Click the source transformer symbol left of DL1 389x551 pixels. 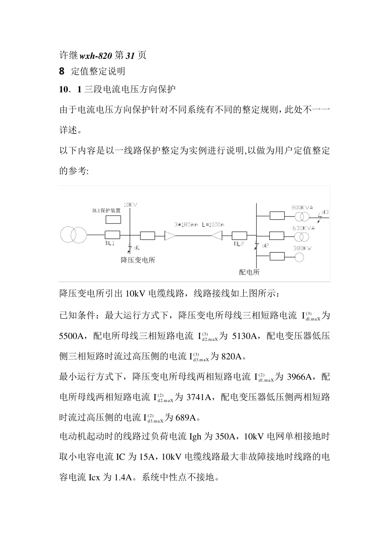click(73, 235)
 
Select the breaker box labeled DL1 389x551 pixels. click(112, 235)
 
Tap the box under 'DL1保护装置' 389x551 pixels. click(113, 219)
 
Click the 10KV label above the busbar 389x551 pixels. click(130, 204)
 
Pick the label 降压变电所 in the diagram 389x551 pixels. click(138, 260)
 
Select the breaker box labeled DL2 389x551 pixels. click(239, 235)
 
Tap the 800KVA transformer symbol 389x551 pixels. click(303, 216)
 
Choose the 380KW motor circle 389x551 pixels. click(299, 257)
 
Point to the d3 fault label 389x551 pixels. click(325, 212)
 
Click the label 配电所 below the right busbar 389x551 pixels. click(249, 272)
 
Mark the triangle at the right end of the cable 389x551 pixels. click(217, 235)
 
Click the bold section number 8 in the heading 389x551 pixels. click(62, 71)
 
